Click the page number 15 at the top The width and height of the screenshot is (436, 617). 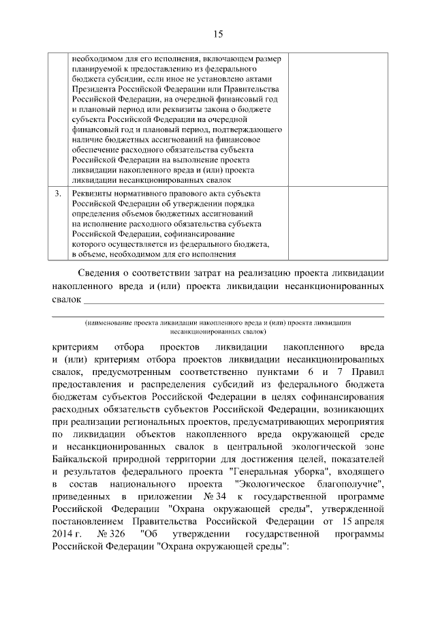coord(217,34)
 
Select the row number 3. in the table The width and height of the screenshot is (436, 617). coord(59,194)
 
